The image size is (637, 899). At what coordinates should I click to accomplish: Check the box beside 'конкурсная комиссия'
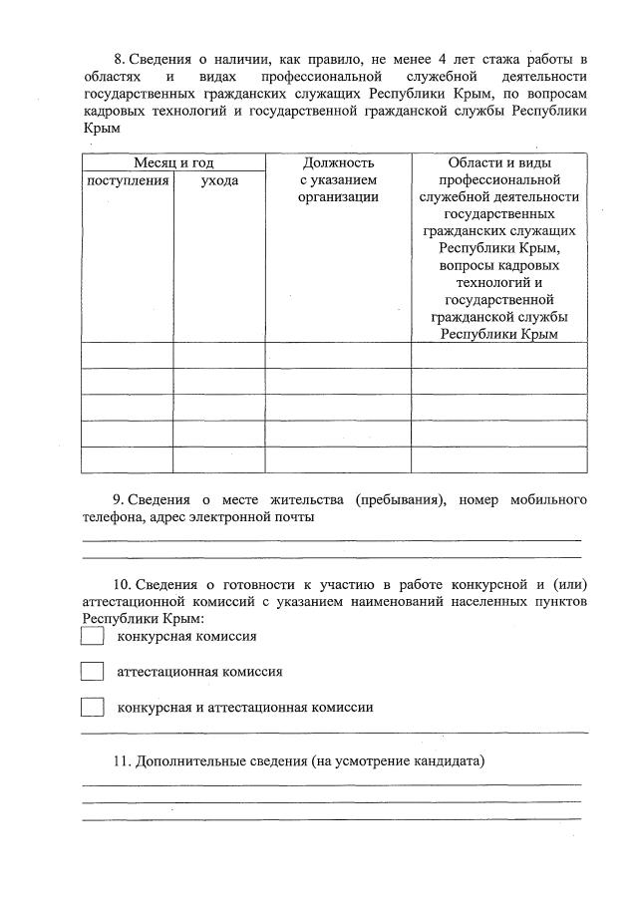pos(92,636)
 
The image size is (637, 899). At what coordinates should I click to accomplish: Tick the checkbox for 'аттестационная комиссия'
pos(92,672)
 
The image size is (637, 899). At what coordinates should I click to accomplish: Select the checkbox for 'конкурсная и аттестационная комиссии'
pos(92,708)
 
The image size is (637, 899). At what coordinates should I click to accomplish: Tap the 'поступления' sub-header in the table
pos(128,180)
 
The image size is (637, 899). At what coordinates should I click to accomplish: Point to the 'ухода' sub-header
pos(219,180)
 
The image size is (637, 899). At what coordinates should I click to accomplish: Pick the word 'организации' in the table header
pos(338,197)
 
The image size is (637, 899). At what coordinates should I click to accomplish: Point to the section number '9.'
pos(120,499)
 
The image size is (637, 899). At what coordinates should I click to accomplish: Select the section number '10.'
pos(122,583)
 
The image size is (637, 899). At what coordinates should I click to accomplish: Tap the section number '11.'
pos(122,761)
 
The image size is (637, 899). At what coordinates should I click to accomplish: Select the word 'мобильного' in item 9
pos(547,499)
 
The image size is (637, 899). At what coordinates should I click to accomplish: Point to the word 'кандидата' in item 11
pos(454,761)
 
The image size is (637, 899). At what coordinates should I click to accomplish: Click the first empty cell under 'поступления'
pos(128,355)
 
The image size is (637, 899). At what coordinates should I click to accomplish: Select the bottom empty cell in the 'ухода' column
pos(219,458)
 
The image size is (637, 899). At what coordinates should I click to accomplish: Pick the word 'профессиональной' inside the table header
pos(499,180)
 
